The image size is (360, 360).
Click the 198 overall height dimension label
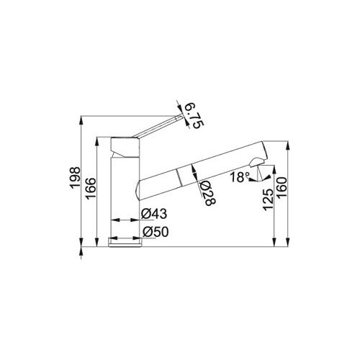75,178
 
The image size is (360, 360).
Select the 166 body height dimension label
91,189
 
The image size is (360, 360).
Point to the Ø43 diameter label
154,214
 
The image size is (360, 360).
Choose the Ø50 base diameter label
156,232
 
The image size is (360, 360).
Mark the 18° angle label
240,177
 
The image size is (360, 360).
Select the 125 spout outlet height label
269,200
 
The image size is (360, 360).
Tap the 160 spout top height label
282,187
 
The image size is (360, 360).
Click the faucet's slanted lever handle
157,127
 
